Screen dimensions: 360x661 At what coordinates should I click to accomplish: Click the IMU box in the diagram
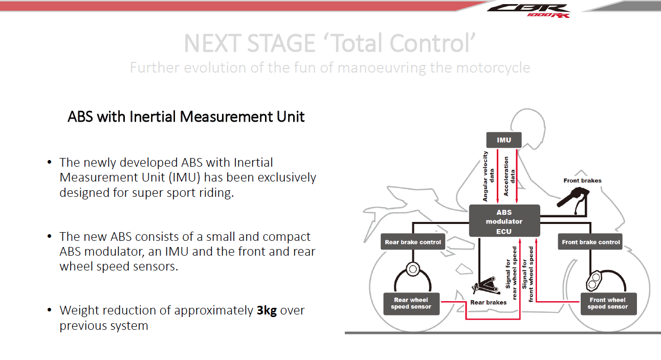point(504,140)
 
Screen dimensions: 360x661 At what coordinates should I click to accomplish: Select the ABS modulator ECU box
point(504,221)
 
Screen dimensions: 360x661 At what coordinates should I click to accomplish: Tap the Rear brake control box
point(413,242)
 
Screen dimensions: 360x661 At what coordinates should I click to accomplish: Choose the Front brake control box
point(590,242)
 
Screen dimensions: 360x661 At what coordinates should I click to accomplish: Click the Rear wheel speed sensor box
point(411,303)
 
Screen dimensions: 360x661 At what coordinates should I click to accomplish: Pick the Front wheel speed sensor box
point(607,303)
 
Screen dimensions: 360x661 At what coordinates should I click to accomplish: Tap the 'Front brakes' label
point(582,181)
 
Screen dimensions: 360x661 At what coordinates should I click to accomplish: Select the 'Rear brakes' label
point(488,302)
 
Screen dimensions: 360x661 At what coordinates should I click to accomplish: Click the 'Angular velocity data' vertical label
point(489,175)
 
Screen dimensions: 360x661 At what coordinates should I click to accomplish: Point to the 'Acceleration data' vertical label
point(510,176)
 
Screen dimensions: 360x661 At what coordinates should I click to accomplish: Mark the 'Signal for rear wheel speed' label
point(511,274)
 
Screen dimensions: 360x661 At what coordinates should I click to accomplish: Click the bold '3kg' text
point(267,310)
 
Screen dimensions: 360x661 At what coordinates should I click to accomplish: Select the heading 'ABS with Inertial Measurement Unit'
point(186,117)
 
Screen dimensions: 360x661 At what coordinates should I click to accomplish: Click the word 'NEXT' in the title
point(212,43)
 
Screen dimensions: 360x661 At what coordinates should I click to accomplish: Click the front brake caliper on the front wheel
point(595,281)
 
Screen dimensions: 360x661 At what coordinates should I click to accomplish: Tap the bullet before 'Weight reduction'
point(49,310)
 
